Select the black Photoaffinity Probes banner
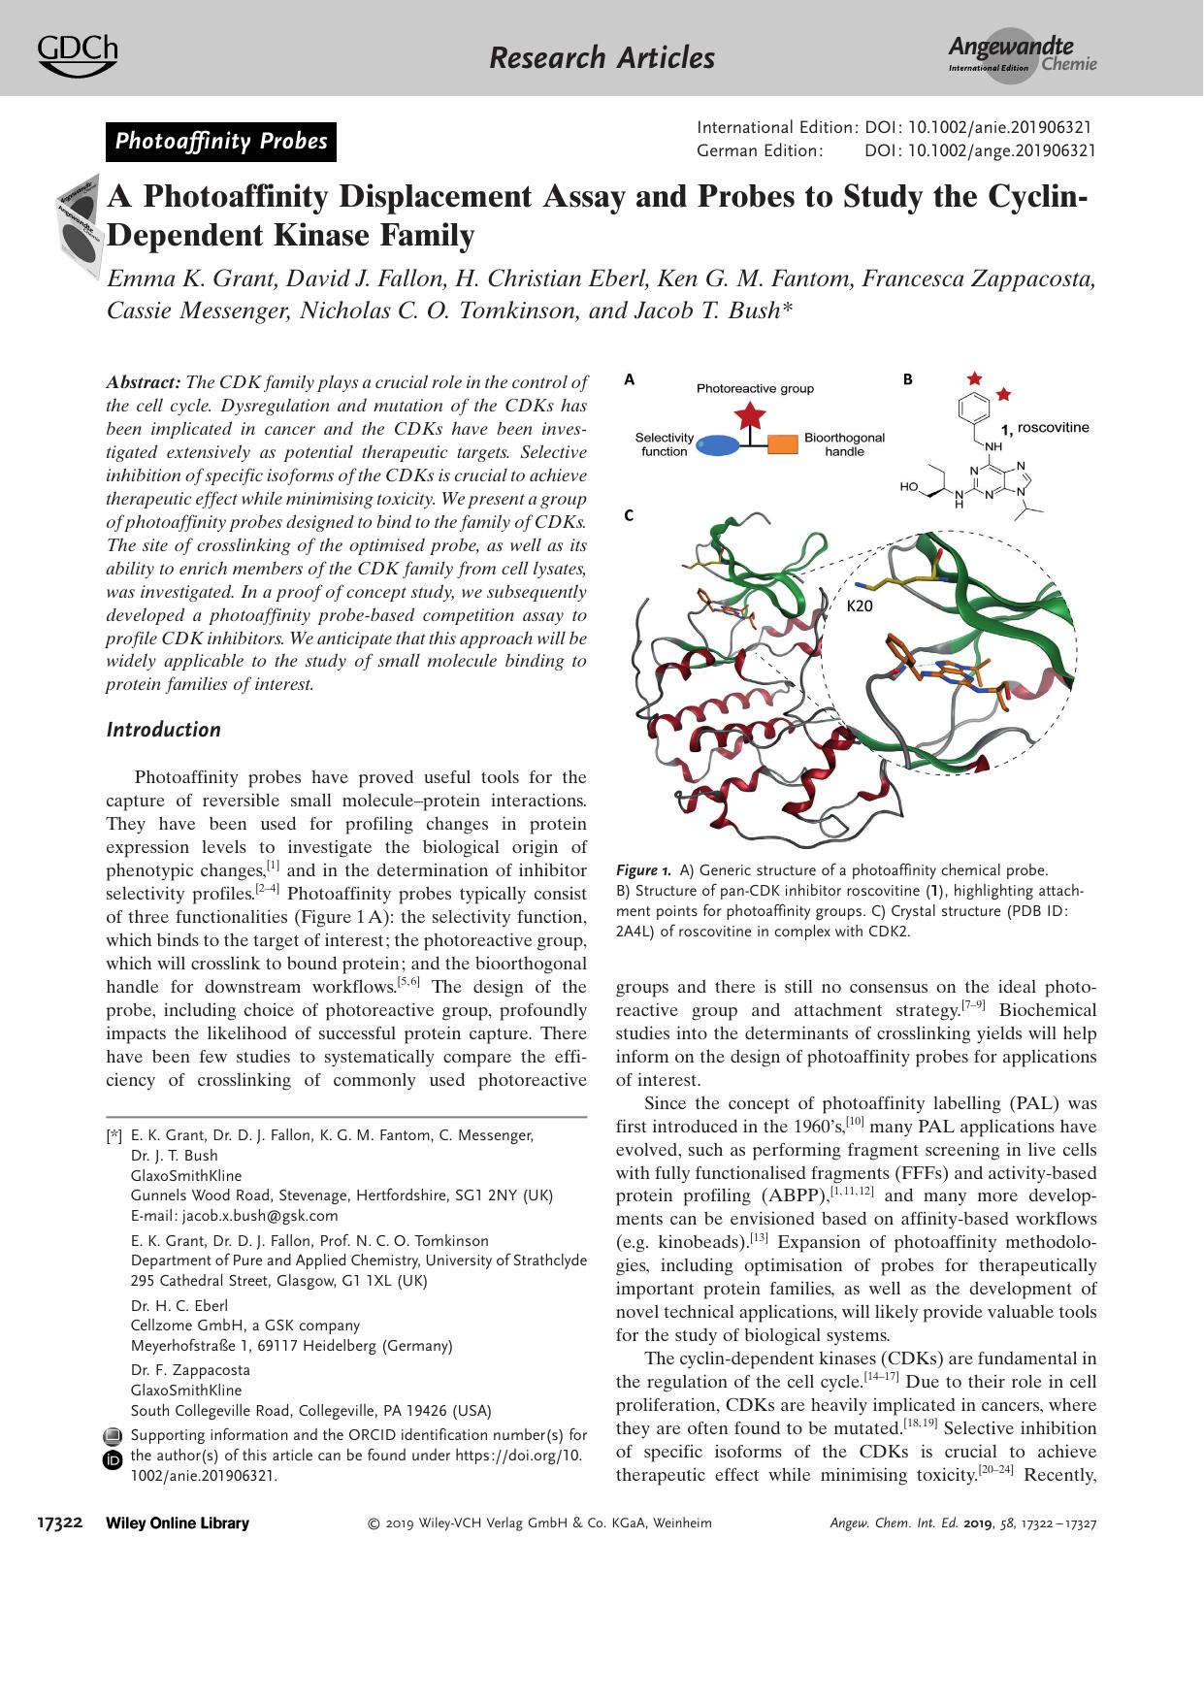pos(221,142)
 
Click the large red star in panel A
pos(749,418)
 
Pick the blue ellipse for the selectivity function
pos(717,445)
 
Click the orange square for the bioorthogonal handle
pos(782,445)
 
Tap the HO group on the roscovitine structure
pos(908,487)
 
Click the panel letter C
pos(629,515)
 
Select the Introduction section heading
pos(163,730)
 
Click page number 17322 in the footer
pos(58,1523)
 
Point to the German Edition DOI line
pos(896,150)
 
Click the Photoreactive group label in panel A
pos(755,388)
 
